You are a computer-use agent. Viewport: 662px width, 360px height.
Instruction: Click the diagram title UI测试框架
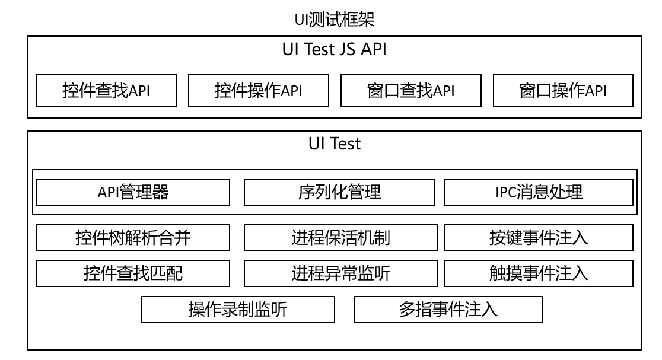pyautogui.click(x=335, y=20)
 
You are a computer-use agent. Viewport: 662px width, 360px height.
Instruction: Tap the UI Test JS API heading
pyautogui.click(x=335, y=49)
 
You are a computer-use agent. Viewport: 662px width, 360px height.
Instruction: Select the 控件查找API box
pyautogui.click(x=106, y=90)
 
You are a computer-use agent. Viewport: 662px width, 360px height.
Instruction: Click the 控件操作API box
pyautogui.click(x=259, y=90)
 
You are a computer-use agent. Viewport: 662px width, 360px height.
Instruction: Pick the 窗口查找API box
pyautogui.click(x=411, y=90)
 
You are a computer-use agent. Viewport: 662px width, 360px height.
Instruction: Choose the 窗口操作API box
pyautogui.click(x=563, y=90)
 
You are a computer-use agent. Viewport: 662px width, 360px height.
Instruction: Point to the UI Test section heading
pyautogui.click(x=335, y=144)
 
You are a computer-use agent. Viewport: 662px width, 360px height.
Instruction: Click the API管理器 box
pyautogui.click(x=133, y=192)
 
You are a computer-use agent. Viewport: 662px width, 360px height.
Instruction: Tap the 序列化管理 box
pyautogui.click(x=339, y=192)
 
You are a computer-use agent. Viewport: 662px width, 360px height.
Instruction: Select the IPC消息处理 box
pyautogui.click(x=539, y=192)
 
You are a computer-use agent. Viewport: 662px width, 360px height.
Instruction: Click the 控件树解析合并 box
pyautogui.click(x=133, y=237)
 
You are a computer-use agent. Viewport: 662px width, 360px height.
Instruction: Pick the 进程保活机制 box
pyautogui.click(x=340, y=237)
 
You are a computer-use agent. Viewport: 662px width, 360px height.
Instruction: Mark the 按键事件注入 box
pyautogui.click(x=539, y=237)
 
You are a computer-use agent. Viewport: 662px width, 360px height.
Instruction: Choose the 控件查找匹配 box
pyautogui.click(x=133, y=273)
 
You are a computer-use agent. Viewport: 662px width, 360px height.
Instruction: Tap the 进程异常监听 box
pyautogui.click(x=340, y=273)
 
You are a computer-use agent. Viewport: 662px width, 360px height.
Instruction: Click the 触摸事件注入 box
pyautogui.click(x=539, y=273)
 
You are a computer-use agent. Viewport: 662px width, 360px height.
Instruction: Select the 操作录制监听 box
pyautogui.click(x=238, y=310)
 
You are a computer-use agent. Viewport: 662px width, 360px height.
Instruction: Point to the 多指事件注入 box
pyautogui.click(x=448, y=310)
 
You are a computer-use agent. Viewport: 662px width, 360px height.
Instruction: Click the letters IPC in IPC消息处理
pyautogui.click(x=506, y=192)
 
